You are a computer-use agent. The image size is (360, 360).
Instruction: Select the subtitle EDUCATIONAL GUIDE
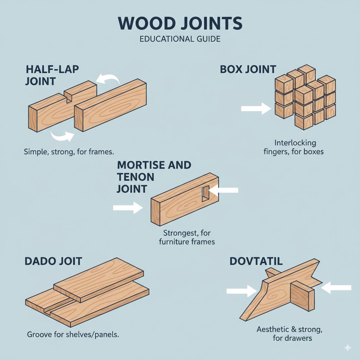coord(180,39)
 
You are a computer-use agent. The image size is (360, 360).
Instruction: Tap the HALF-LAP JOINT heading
coord(52,75)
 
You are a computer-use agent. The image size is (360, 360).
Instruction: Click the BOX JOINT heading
coord(248,69)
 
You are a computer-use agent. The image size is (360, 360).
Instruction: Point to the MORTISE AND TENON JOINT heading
coord(154,177)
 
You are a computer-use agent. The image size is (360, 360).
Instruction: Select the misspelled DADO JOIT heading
coord(53,261)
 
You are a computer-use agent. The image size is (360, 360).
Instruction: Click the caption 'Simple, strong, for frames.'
coord(70,152)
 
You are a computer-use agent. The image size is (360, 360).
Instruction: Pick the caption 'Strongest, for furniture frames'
coord(187,237)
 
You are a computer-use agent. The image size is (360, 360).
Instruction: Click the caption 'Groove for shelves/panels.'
coord(73,334)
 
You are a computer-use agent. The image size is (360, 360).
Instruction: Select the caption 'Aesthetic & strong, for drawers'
coord(289,334)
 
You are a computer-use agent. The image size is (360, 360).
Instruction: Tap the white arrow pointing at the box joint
coord(256,108)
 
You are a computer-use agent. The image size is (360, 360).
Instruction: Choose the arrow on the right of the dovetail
coord(336,288)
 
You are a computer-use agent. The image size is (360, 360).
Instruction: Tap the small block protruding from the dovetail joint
coord(302,297)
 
